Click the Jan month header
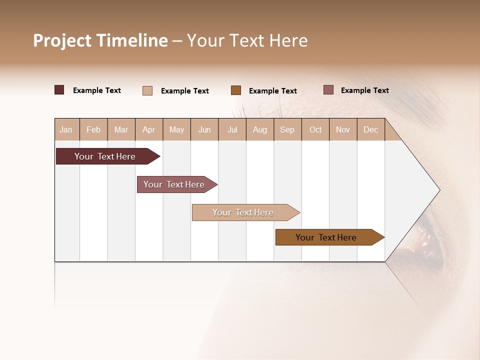66,129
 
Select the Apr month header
149,129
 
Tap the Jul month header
232,129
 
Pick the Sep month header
287,129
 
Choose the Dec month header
370,129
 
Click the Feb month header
93,129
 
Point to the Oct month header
315,129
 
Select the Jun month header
204,129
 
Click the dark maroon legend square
59,90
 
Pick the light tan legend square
147,90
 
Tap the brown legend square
236,90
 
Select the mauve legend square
328,90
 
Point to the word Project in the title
63,40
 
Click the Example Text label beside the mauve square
364,90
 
